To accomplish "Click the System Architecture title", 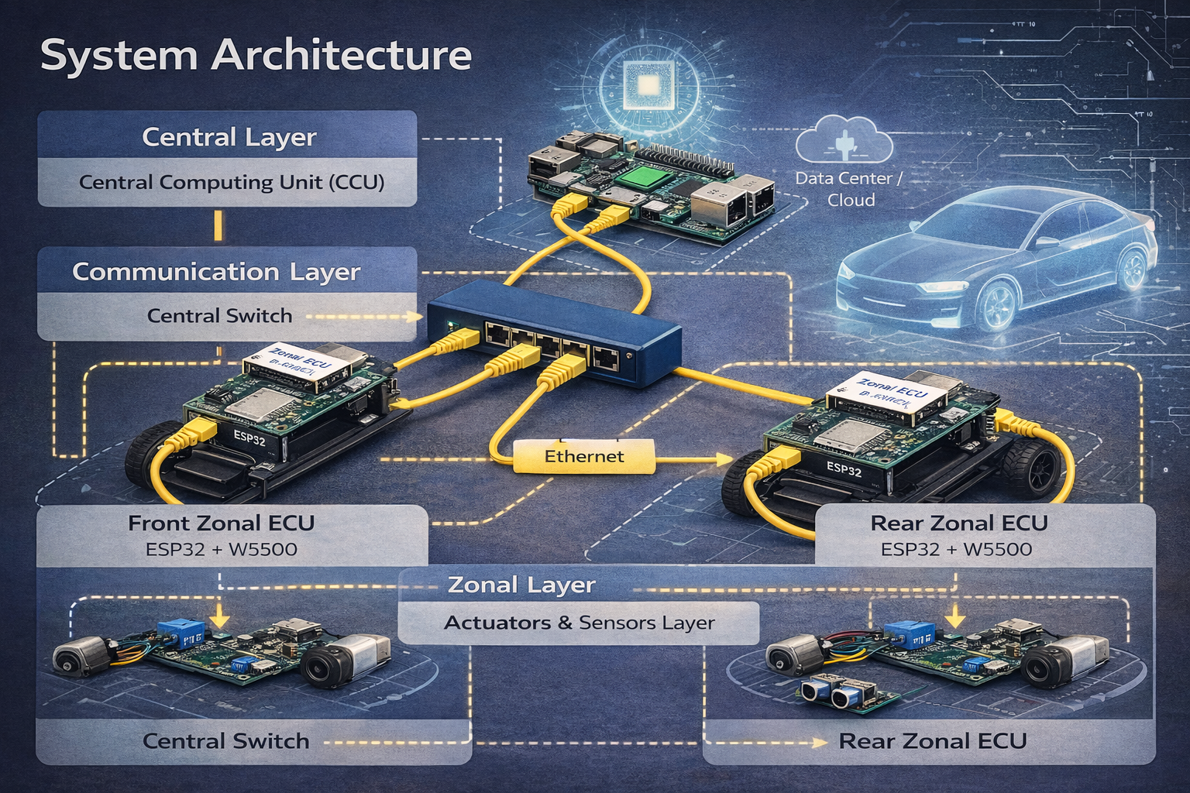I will tap(256, 56).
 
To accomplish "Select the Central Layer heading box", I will tap(228, 137).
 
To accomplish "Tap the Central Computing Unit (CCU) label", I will tap(231, 183).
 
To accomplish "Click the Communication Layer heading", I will tap(216, 272).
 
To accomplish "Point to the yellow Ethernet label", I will tap(584, 456).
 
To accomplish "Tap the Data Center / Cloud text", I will tap(850, 189).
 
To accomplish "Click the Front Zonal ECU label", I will tap(221, 524).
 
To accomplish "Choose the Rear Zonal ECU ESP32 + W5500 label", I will tap(957, 550).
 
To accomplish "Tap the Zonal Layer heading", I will tap(521, 585).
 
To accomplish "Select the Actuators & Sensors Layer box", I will tap(579, 623).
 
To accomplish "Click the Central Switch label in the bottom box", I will tap(225, 741).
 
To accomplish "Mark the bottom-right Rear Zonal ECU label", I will tap(932, 741).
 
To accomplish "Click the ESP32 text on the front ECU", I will tap(249, 439).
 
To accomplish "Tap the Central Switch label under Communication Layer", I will tap(219, 316).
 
